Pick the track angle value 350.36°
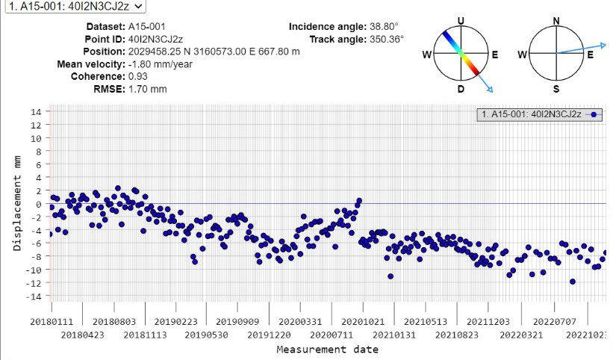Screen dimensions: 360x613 (385, 39)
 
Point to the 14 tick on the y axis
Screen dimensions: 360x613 (36, 112)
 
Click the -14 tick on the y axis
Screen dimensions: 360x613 (34, 296)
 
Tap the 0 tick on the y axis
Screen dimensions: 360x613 (38, 204)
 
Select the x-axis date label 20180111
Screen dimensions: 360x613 (52, 322)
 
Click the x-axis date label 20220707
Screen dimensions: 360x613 (548, 322)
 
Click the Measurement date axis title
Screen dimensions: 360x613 (327, 350)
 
